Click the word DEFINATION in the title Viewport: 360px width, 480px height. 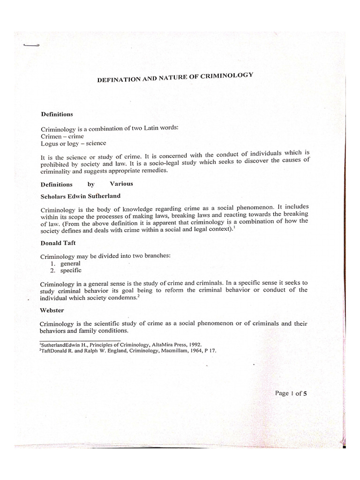(x=117, y=80)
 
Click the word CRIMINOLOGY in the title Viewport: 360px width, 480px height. (x=227, y=76)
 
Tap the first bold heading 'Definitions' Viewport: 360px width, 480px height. (x=57, y=114)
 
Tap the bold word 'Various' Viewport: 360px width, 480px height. (x=121, y=184)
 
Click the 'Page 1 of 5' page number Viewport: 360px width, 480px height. (x=290, y=393)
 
